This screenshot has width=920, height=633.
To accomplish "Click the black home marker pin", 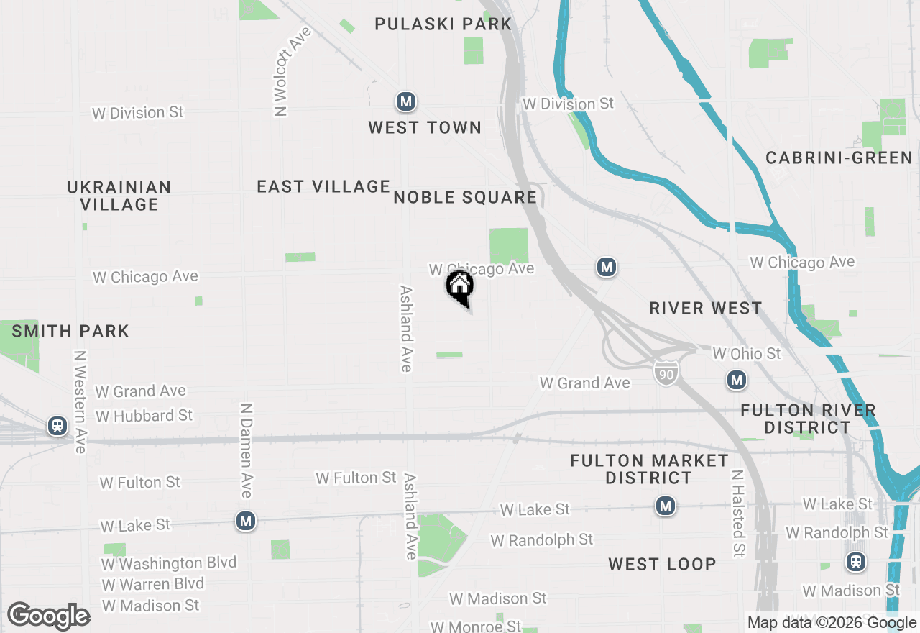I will [460, 288].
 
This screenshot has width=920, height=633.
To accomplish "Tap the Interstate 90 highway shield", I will [666, 373].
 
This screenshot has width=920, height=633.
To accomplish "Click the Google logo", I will [49, 616].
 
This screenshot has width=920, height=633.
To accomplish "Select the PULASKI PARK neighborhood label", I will [443, 24].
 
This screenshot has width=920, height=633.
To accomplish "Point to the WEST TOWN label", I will [425, 128].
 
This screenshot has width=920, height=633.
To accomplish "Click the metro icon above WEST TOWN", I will [406, 101].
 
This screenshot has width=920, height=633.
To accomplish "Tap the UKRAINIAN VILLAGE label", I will [119, 196].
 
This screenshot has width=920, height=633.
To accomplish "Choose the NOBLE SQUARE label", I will [465, 198].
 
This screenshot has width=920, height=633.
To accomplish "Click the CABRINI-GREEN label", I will [839, 158].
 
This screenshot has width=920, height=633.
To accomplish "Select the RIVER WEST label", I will [705, 309].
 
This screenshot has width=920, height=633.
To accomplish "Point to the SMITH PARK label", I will [70, 332].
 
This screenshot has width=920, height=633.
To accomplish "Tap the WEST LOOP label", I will [662, 564].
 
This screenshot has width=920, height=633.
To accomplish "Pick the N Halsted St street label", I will [737, 514].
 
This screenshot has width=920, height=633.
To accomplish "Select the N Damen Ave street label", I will [246, 450].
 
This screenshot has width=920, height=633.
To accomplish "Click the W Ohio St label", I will [746, 353].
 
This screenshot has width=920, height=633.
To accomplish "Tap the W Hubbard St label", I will [144, 416].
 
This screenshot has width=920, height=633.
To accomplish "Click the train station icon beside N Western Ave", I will [57, 426].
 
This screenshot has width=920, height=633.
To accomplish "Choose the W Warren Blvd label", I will [152, 583].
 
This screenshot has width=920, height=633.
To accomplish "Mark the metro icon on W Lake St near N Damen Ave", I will [246, 520].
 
